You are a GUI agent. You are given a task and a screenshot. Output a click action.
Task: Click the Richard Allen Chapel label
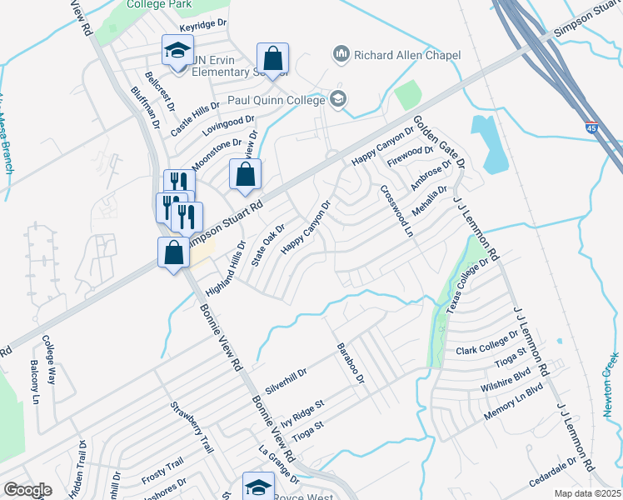[x=406, y=56]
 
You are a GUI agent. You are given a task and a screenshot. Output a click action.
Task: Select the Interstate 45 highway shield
[x=591, y=128]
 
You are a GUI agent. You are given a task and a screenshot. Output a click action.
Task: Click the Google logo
[x=27, y=490]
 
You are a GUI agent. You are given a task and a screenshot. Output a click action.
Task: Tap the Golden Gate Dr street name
[x=439, y=142]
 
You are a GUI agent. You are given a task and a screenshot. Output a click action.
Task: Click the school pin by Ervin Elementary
[x=177, y=52]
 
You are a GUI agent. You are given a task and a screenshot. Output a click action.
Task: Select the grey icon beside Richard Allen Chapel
[x=340, y=55]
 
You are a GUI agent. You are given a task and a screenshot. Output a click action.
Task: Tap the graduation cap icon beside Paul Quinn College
[x=337, y=100]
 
